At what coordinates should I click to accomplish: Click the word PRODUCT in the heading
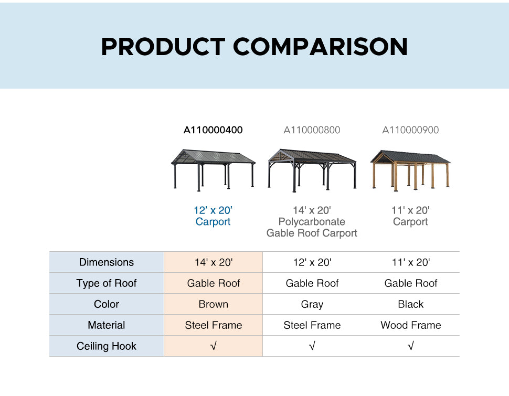pos(163,46)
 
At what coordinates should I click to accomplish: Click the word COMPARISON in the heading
pos(320,46)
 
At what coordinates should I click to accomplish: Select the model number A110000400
pos(213,130)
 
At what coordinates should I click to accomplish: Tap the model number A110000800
pos(312,130)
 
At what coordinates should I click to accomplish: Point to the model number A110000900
pos(410,130)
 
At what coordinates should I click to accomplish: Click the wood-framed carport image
pos(410,170)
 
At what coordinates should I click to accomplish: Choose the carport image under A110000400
pos(213,170)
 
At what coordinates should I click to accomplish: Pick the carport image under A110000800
pos(312,170)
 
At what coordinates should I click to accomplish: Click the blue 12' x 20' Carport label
pos(213,216)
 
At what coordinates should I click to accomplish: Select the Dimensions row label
pos(107,262)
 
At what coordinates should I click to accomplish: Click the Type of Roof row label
pos(107,283)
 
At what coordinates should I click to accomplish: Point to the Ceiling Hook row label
pos(107,346)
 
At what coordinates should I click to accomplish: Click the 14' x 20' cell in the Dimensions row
pos(213,262)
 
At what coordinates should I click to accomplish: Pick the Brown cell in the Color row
pos(213,304)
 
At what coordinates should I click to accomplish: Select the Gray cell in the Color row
pos(312,304)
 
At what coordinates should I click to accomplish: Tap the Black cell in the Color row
pos(411,304)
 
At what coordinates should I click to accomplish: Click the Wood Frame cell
pos(411,325)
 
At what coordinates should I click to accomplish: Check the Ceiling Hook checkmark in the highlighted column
pos(213,346)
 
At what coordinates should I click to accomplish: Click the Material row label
pos(107,325)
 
